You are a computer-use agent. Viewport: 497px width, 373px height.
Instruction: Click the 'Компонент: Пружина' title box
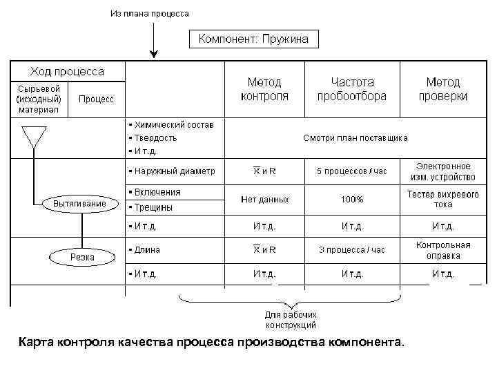(254, 39)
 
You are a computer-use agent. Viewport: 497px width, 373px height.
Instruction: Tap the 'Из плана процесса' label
(149, 13)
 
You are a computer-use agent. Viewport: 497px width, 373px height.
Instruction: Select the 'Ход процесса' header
(66, 71)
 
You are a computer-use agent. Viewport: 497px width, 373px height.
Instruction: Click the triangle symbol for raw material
(34, 137)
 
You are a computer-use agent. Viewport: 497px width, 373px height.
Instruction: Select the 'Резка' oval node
(83, 257)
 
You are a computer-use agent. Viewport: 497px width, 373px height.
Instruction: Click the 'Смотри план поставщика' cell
(355, 138)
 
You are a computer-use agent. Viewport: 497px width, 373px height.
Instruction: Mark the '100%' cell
(351, 200)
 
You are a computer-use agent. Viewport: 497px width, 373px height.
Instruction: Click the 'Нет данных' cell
(265, 200)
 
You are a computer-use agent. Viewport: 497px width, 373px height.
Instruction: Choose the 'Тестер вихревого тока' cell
(442, 200)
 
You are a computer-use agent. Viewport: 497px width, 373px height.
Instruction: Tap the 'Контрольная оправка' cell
(442, 250)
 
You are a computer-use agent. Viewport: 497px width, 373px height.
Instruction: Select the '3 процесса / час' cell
(351, 250)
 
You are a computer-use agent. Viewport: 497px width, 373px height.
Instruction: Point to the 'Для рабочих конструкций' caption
(291, 319)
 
